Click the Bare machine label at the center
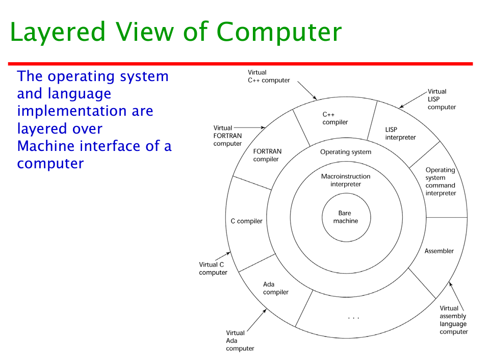pyautogui.click(x=346, y=217)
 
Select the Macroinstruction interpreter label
pyautogui.click(x=346, y=180)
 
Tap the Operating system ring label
pyautogui.click(x=346, y=152)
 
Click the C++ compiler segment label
pyautogui.click(x=335, y=118)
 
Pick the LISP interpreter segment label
pyautogui.click(x=400, y=134)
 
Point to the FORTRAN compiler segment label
pyautogui.click(x=267, y=155)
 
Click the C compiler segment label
pyautogui.click(x=246, y=221)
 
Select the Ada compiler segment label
pyautogui.click(x=275, y=288)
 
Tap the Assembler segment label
pyautogui.click(x=439, y=251)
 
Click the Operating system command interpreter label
pyautogui.click(x=441, y=182)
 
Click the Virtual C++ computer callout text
pyautogui.click(x=268, y=76)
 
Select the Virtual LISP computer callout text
pyautogui.click(x=441, y=99)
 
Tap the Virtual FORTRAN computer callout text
pyautogui.click(x=227, y=136)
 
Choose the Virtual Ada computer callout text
pyautogui.click(x=240, y=341)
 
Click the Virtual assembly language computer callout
pyautogui.click(x=453, y=320)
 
